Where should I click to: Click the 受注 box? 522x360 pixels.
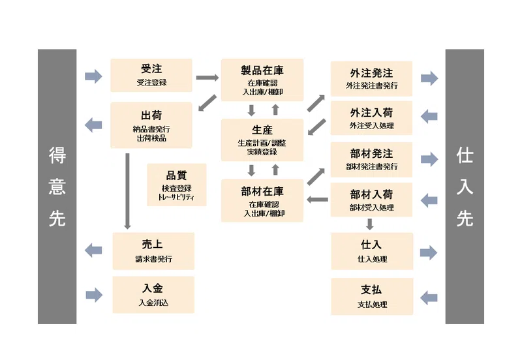[151, 75]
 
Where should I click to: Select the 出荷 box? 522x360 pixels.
[151, 125]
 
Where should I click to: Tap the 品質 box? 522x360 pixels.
[176, 185]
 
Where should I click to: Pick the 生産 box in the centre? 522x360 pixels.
[262, 140]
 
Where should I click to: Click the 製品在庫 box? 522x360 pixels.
[262, 80]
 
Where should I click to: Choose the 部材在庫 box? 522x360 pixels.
[262, 201]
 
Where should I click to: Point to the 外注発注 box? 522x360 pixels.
[371, 78]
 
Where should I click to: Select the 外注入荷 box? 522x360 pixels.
[371, 118]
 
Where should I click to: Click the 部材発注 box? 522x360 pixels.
[371, 160]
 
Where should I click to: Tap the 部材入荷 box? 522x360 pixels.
[371, 200]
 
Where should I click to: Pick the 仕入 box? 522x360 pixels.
[372, 251]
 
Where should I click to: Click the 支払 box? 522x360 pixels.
[372, 297]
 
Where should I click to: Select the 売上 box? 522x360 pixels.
[153, 251]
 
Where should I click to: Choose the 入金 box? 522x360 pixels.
[153, 295]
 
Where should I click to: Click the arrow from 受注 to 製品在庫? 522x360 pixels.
[207, 78]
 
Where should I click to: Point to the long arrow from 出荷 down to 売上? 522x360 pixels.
[127, 191]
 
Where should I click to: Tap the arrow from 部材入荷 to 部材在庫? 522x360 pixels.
[317, 200]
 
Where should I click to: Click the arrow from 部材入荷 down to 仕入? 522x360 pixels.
[369, 224]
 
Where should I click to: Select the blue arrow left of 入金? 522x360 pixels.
[94, 295]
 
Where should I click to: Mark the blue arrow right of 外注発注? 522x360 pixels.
[429, 78]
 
